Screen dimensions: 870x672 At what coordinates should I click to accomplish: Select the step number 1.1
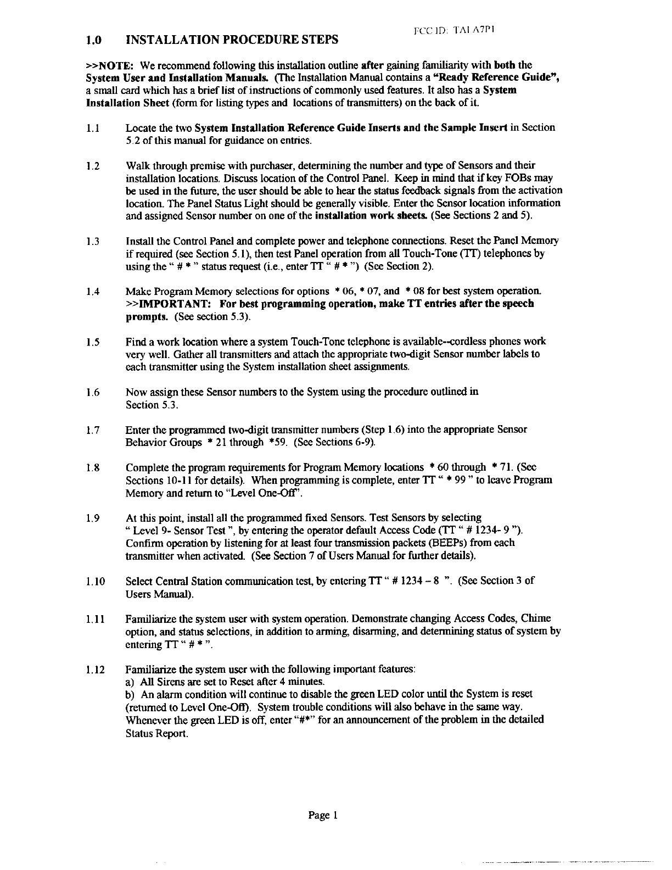click(92, 128)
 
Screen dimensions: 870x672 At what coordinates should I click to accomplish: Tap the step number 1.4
click(93, 292)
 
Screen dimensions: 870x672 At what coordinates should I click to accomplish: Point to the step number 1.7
click(93, 430)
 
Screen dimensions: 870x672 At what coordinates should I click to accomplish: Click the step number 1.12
click(95, 670)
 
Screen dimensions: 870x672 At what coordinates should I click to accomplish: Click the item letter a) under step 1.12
click(131, 682)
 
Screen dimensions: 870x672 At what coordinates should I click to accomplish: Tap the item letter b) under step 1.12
click(131, 694)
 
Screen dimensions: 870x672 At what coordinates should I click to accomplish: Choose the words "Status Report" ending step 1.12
click(157, 733)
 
